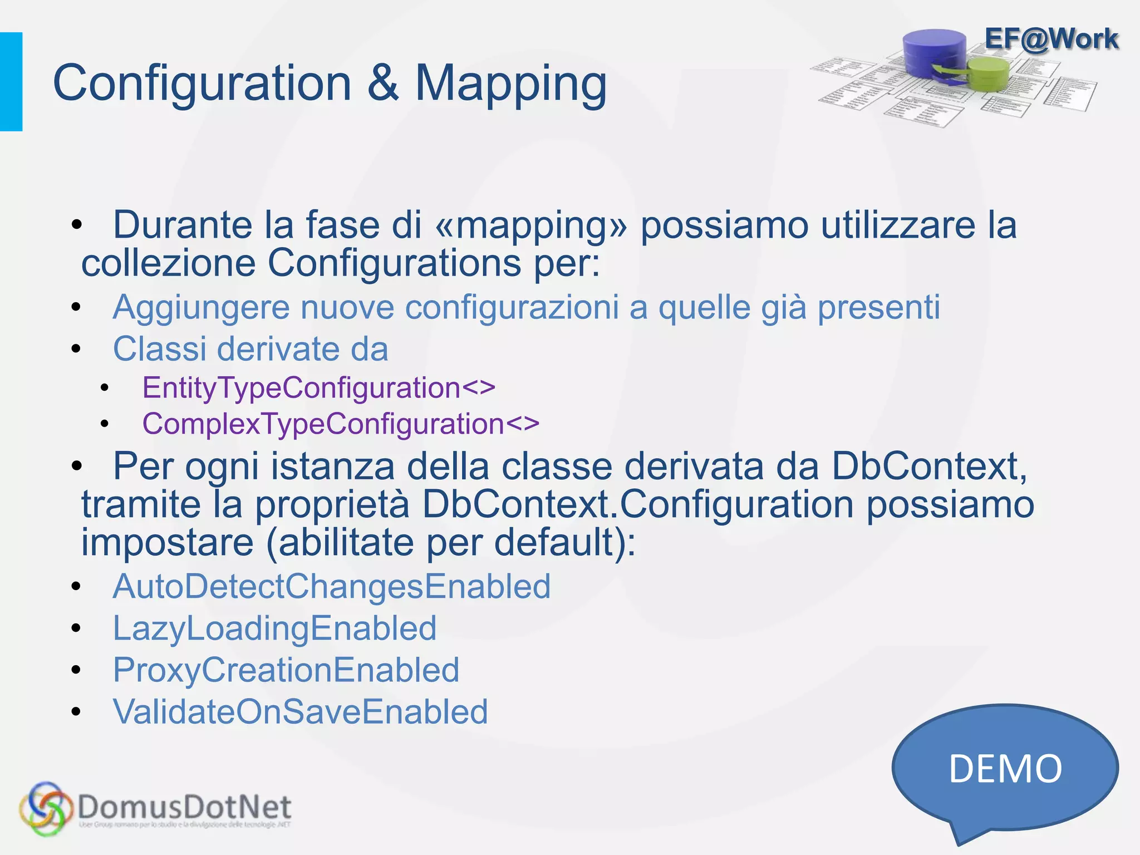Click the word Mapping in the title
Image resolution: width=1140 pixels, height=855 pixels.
510,83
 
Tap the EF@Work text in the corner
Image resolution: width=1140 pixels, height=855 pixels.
1051,39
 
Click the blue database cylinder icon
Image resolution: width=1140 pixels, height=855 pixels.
935,53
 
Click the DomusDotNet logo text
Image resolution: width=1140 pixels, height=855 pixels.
184,808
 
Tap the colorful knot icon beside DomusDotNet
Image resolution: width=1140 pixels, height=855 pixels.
46,809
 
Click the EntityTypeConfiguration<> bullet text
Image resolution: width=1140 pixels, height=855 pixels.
318,388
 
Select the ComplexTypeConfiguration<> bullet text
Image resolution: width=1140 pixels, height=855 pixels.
341,424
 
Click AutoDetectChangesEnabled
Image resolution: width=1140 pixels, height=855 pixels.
332,587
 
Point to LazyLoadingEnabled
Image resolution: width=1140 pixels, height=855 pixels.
274,628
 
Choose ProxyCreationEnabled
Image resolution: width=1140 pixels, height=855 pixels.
286,670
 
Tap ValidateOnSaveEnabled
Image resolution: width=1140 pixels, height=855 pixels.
301,712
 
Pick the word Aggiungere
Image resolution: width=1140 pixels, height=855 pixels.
202,307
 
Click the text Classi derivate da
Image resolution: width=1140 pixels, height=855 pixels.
250,350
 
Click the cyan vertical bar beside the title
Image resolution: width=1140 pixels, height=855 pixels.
11,82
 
